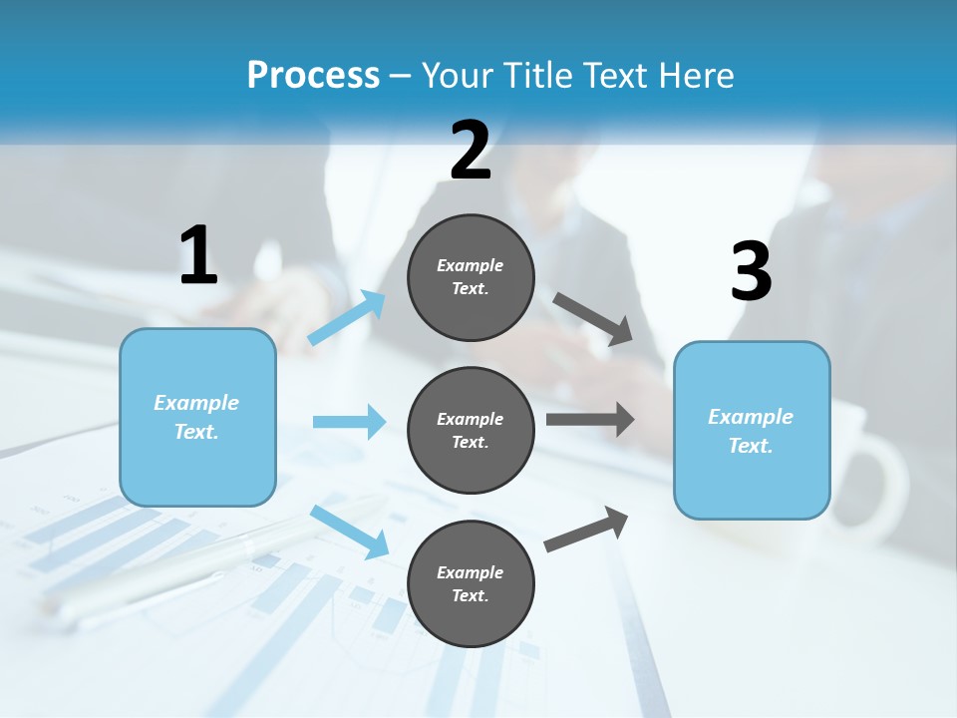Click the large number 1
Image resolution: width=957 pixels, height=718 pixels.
coord(198,255)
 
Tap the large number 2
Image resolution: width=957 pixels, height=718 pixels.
coord(471,151)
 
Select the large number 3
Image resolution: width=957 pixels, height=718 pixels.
coord(751,271)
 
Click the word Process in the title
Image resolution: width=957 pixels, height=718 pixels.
coord(313,75)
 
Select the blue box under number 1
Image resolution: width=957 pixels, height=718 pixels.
coord(197,417)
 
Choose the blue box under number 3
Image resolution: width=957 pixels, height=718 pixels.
coord(752,430)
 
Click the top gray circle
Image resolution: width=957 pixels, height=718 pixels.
coord(471,277)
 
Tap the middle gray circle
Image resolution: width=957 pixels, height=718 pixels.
coord(471,430)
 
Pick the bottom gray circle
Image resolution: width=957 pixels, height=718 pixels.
coord(471,583)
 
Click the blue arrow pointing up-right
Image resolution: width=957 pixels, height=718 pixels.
coord(347,318)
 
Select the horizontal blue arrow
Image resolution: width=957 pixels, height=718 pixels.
coord(349,422)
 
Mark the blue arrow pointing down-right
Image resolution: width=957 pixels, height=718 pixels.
coord(349,532)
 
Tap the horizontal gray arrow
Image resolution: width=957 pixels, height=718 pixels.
coord(589,419)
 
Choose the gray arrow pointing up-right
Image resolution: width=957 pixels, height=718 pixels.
coord(586,529)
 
